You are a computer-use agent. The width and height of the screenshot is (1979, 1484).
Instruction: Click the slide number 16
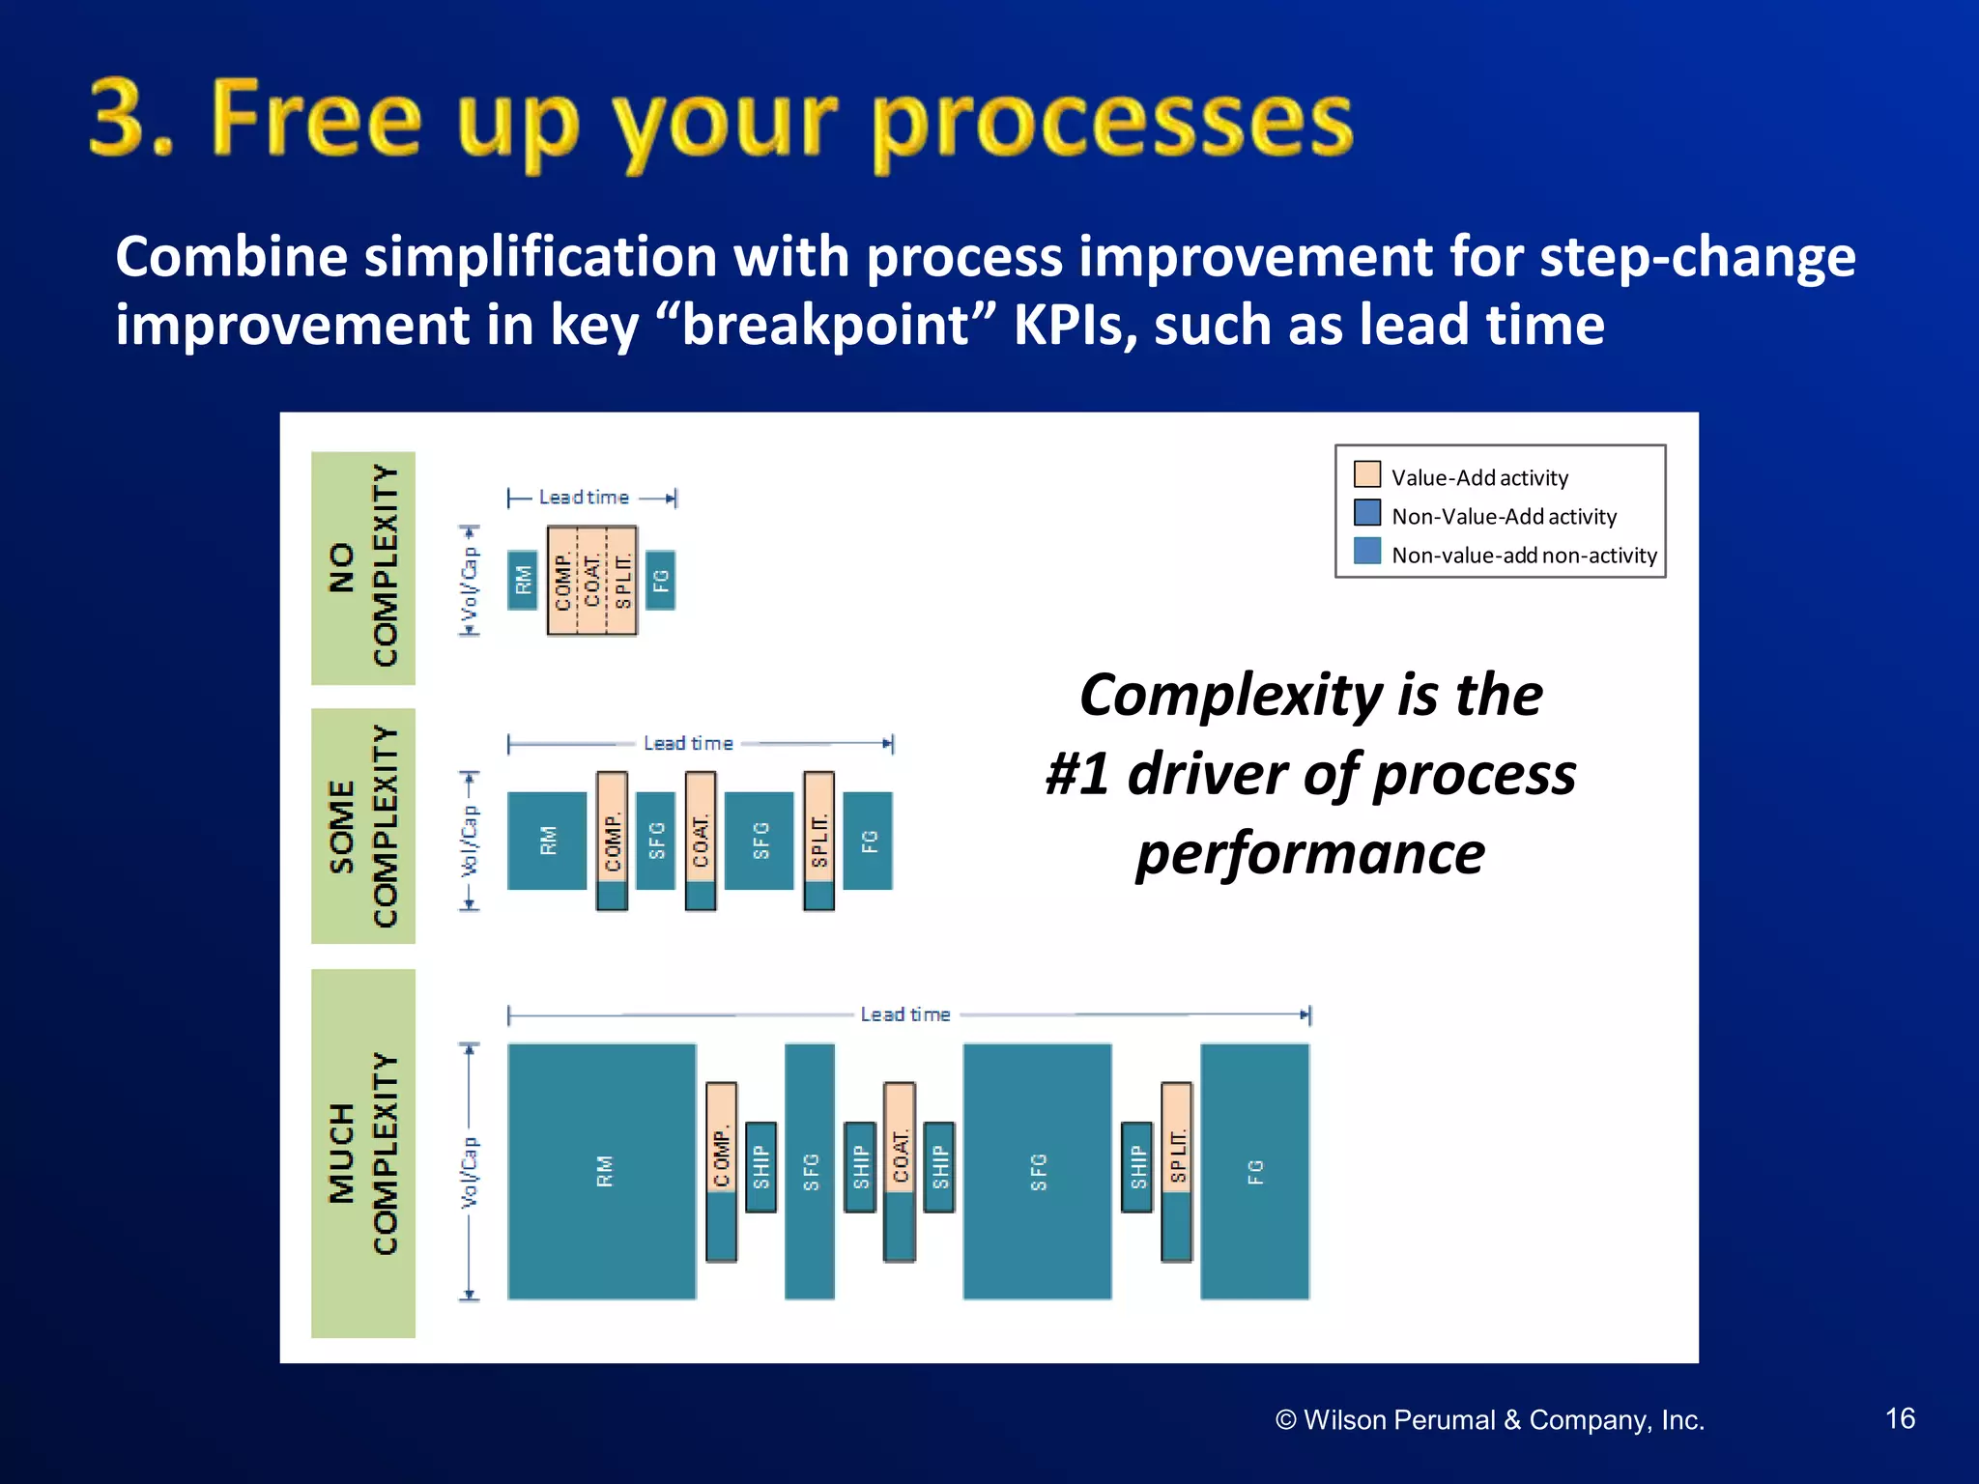[x=1900, y=1417]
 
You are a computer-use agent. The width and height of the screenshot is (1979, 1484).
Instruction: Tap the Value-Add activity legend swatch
[x=1366, y=474]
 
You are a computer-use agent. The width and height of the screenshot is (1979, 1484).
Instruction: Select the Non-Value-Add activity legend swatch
[x=1366, y=512]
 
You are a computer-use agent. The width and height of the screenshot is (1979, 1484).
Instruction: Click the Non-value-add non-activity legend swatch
[x=1366, y=551]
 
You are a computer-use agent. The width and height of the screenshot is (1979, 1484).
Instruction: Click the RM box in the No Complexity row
[x=522, y=580]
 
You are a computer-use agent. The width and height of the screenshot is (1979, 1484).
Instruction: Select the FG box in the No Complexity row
[x=660, y=580]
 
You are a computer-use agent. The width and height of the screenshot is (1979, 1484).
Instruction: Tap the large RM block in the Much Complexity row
[x=601, y=1171]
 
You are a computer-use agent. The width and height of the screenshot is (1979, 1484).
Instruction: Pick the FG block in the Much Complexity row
[x=1254, y=1171]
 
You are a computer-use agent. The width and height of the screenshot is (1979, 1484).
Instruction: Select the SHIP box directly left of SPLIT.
[x=1136, y=1166]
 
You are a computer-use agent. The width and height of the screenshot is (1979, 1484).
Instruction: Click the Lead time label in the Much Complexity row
[x=905, y=1014]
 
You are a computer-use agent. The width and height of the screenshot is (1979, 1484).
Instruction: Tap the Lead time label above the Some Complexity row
[x=688, y=743]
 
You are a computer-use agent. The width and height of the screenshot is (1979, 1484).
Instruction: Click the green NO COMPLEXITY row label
[x=363, y=568]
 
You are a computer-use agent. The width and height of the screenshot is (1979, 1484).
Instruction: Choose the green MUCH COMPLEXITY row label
[x=363, y=1153]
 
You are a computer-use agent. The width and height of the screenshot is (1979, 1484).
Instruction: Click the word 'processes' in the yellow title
[x=1111, y=121]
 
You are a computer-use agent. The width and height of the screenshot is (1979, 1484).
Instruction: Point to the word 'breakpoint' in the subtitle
[x=825, y=325]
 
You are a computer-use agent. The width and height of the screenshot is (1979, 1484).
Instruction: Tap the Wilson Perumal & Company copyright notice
[x=1489, y=1419]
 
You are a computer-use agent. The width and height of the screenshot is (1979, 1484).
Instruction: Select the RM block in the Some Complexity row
[x=547, y=841]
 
